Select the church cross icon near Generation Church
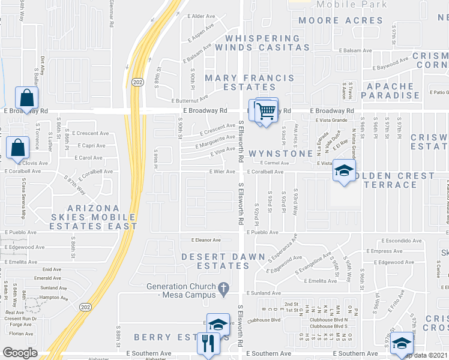(x=223, y=289)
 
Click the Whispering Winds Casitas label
(x=267, y=42)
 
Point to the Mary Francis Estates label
(x=250, y=82)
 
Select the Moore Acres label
(x=340, y=20)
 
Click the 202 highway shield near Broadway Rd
(x=137, y=82)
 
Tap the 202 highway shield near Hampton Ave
(x=85, y=307)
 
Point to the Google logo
(x=20, y=352)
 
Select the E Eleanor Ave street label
(x=206, y=240)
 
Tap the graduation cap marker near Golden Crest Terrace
(x=344, y=171)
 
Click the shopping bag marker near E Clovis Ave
(x=19, y=146)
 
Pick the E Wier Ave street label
(x=221, y=171)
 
